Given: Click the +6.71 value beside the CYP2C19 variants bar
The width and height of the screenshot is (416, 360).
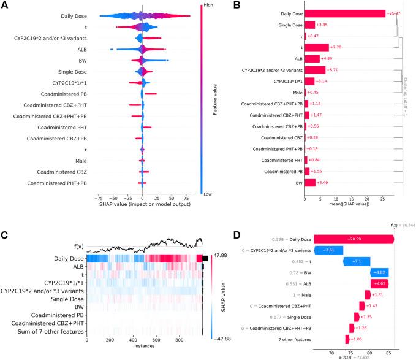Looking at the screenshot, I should tap(333, 69).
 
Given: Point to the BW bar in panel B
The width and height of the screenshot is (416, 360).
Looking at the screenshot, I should tap(309, 182).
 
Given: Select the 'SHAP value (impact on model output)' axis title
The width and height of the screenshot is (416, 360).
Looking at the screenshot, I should tap(143, 204).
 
